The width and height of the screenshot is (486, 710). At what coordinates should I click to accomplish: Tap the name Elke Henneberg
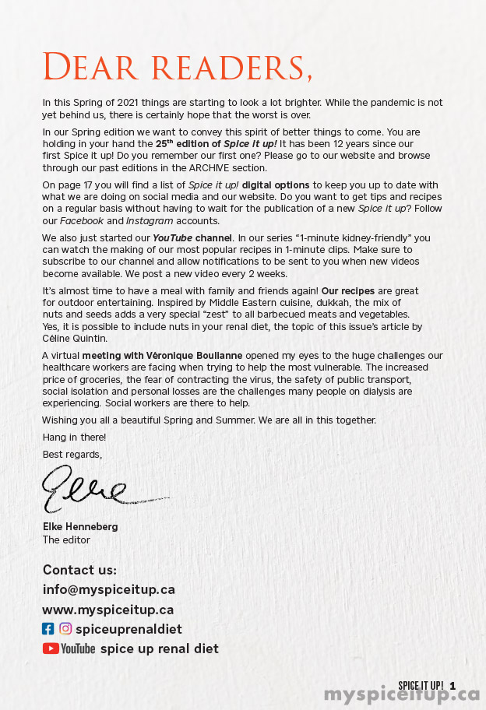[80, 527]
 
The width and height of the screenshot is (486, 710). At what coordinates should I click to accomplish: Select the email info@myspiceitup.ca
[109, 589]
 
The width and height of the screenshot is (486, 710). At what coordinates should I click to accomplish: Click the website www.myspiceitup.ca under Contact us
[108, 610]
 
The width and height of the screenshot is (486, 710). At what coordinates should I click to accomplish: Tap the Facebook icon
[48, 629]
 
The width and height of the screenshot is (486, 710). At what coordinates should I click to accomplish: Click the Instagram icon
[65, 629]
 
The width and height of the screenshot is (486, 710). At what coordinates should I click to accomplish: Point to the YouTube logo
[69, 648]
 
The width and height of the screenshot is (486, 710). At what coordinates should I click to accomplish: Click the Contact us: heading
[79, 570]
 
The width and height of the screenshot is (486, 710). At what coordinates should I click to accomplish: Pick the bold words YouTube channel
[187, 237]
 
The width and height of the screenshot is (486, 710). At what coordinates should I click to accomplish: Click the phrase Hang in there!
[74, 438]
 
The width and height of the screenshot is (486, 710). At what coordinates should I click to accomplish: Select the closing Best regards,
[72, 454]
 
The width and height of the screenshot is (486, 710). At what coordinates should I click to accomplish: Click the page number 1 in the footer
[453, 686]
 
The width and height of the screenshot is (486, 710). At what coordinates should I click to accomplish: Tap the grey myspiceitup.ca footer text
[402, 695]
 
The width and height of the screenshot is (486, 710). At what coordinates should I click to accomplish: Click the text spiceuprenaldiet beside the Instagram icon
[129, 629]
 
